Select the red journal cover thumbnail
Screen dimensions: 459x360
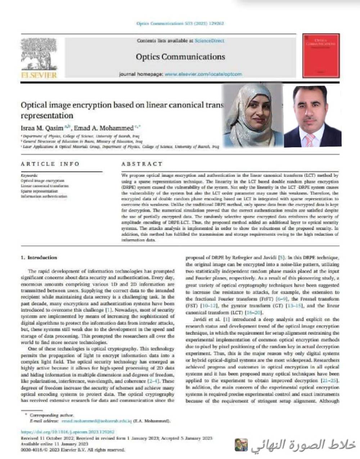(x=321, y=56)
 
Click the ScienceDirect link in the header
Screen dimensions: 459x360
(x=209, y=41)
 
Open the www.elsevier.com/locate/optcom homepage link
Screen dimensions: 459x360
(x=203, y=74)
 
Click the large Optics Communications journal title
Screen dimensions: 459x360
(x=180, y=57)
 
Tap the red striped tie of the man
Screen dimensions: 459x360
(x=310, y=140)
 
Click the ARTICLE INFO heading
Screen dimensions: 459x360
(x=50, y=164)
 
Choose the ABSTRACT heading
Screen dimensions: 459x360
(x=142, y=164)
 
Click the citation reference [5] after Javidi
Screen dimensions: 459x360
(x=282, y=257)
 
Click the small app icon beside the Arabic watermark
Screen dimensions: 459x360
(x=241, y=445)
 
